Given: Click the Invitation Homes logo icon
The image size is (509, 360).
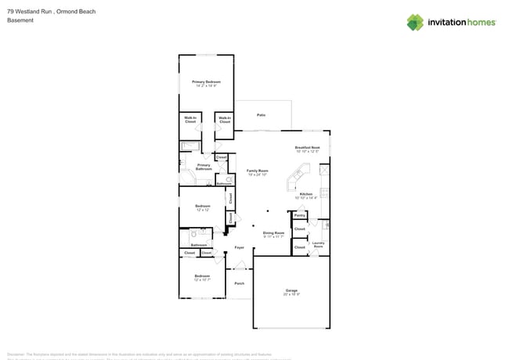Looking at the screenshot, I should pyautogui.click(x=415, y=22).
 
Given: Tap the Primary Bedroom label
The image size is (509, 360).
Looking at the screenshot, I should pyautogui.click(x=206, y=82).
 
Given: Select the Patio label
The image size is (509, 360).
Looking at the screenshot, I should pyautogui.click(x=261, y=115).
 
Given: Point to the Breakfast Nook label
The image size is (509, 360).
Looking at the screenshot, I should pyautogui.click(x=307, y=147).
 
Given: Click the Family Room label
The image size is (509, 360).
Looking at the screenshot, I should pyautogui.click(x=258, y=171).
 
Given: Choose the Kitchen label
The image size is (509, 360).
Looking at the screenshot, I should pyautogui.click(x=305, y=194).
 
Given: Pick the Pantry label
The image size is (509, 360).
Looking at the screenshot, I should pyautogui.click(x=300, y=214).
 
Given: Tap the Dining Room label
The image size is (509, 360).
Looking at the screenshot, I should pyautogui.click(x=273, y=232).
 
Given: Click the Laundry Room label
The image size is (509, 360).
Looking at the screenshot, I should pyautogui.click(x=318, y=244).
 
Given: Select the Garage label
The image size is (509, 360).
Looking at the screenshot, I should pyautogui.click(x=291, y=290).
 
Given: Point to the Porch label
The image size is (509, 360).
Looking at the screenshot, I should pyautogui.click(x=240, y=283).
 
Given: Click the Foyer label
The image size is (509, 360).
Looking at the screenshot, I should pyautogui.click(x=240, y=247).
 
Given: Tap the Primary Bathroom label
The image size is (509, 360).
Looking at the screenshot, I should pyautogui.click(x=204, y=167).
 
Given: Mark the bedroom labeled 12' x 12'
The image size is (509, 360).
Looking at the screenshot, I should pyautogui.click(x=203, y=207).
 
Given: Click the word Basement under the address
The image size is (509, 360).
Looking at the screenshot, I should pyautogui.click(x=20, y=20).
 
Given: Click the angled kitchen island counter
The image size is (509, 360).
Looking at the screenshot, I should pyautogui.click(x=298, y=178).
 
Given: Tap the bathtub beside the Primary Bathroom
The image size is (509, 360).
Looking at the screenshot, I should pyautogui.click(x=190, y=146).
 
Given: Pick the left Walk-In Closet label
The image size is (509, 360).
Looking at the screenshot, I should pyautogui.click(x=190, y=121).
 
